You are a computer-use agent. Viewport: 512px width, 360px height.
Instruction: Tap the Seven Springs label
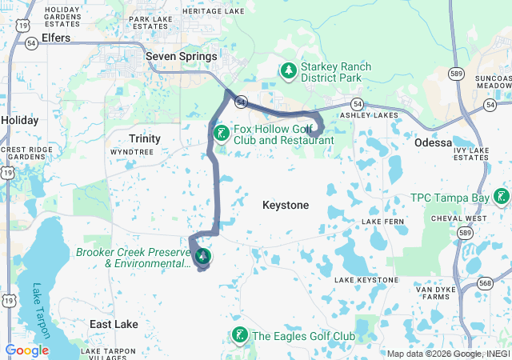(182, 57)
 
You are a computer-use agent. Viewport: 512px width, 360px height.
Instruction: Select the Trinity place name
(145, 138)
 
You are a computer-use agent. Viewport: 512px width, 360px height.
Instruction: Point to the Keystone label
(286, 206)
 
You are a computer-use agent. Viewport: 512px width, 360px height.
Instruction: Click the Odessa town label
(434, 142)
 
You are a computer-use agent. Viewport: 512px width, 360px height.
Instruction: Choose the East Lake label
(114, 324)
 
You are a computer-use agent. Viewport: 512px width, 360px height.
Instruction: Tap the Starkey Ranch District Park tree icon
(288, 72)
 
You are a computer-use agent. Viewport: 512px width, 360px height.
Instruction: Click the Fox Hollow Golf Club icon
(221, 132)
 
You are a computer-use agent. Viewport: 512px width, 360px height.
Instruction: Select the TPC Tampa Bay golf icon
(502, 196)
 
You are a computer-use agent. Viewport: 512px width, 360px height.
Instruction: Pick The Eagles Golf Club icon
(238, 335)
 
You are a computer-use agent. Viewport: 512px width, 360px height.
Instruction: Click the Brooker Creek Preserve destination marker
(203, 256)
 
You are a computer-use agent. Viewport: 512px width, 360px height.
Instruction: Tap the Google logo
(26, 350)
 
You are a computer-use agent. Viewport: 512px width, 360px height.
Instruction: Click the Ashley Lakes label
(369, 116)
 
